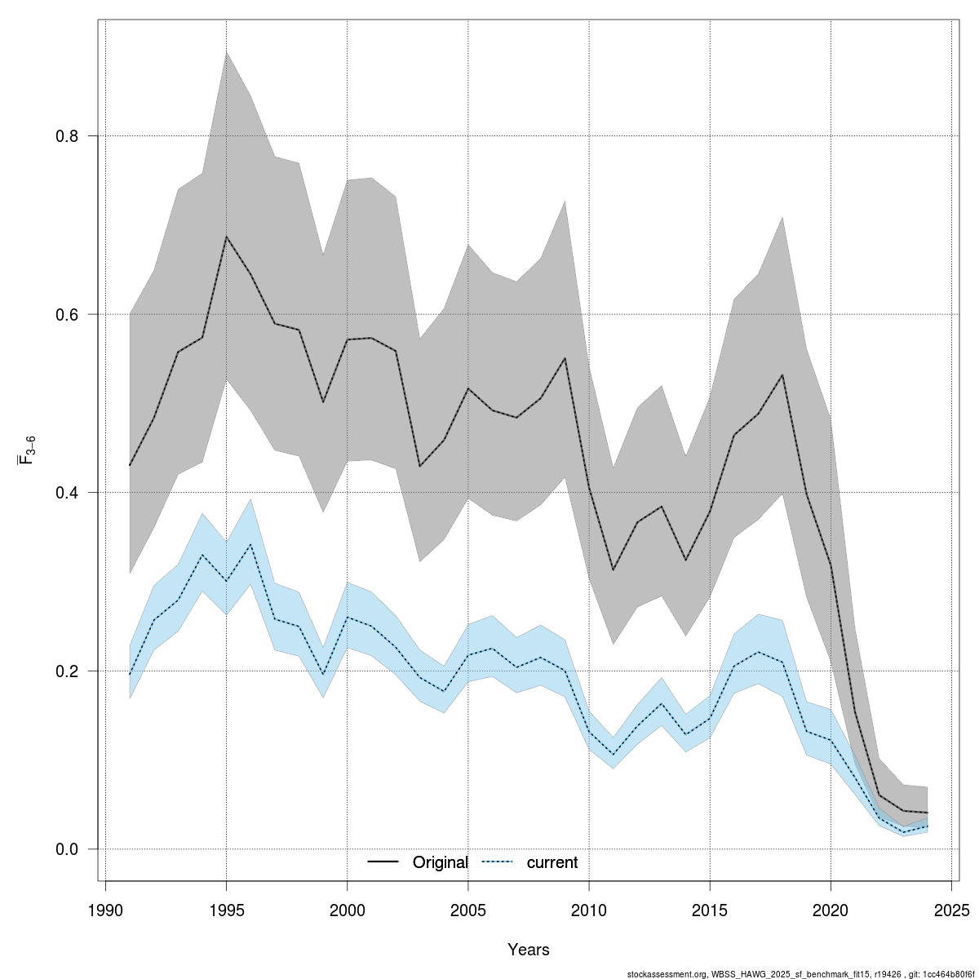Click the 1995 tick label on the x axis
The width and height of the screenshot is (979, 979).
226,910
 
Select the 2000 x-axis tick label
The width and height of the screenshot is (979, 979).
347,910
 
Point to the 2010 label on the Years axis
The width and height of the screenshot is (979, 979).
589,910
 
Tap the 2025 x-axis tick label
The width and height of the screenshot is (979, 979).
951,910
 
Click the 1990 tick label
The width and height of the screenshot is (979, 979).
105,910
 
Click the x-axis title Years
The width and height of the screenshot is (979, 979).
528,950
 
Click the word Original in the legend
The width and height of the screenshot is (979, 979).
440,862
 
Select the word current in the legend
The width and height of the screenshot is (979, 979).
552,862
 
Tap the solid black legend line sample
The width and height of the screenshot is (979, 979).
383,862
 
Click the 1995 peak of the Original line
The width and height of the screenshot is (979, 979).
226,237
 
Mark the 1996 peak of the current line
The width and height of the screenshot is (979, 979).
250,544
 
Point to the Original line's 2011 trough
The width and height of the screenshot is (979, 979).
613,569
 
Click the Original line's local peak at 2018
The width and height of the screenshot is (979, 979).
782,375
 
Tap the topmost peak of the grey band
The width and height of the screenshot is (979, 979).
226,51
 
